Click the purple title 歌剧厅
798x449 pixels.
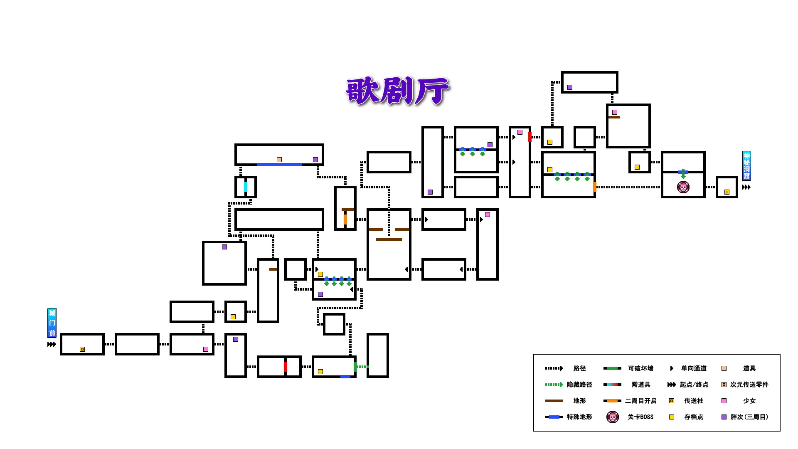[397, 90]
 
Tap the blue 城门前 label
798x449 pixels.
[52, 323]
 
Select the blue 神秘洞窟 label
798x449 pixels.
[746, 165]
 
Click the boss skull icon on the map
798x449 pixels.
[683, 187]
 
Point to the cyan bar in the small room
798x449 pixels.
[246, 187]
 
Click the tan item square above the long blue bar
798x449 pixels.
[279, 160]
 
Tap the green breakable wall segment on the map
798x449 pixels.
[355, 366]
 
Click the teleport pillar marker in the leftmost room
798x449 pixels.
[82, 349]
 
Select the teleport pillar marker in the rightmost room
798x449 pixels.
[727, 192]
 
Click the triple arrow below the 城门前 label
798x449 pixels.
[52, 344]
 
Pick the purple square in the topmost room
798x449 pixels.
[570, 87]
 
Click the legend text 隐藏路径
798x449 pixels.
[579, 385]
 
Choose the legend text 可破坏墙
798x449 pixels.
[640, 368]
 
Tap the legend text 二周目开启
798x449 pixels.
[640, 401]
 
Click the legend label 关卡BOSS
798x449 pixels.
[640, 417]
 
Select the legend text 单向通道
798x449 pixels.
[694, 368]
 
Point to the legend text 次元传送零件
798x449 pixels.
[749, 385]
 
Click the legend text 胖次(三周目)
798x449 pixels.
[749, 417]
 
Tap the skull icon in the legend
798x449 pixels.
[613, 417]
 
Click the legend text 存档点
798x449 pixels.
[694, 417]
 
